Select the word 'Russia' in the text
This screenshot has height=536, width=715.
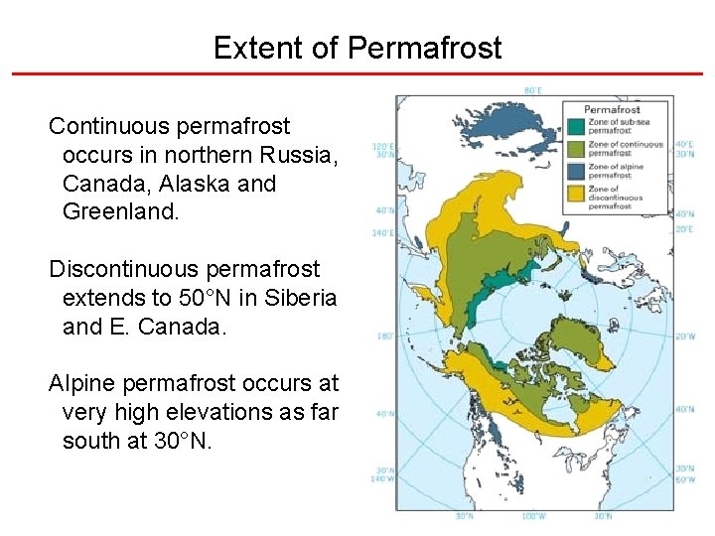tap(304, 156)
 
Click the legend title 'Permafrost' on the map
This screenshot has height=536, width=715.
tap(612, 109)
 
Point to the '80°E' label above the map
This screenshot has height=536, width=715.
tap(533, 90)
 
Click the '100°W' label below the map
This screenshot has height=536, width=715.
tap(533, 516)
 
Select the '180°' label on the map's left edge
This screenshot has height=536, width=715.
tap(384, 336)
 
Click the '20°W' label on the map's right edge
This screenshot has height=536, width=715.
tap(684, 336)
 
